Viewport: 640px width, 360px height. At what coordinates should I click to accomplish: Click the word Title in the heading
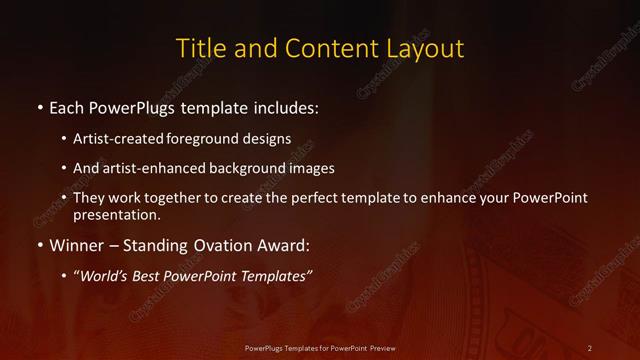(200, 48)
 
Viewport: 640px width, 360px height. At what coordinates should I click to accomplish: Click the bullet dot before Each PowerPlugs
(39, 106)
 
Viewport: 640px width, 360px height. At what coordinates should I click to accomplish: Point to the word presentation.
(116, 215)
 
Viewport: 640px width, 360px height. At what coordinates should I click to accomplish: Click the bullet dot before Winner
(39, 244)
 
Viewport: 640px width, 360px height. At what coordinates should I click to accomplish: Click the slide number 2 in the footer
(589, 347)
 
